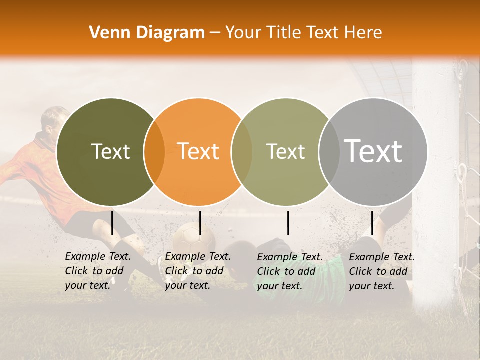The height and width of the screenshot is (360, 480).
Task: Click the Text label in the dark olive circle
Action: click(x=110, y=151)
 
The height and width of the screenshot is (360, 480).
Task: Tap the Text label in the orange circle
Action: click(x=198, y=151)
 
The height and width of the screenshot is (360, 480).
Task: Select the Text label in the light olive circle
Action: click(x=285, y=151)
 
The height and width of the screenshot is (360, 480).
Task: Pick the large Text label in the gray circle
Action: click(x=373, y=151)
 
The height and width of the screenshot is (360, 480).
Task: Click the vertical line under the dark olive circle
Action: click(x=112, y=223)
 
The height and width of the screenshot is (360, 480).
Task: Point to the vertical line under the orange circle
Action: click(x=200, y=223)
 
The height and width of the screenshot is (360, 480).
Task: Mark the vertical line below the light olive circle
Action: click(x=288, y=223)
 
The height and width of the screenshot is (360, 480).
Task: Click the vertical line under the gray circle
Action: click(x=372, y=223)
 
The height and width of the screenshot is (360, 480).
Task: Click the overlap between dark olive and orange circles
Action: click(x=154, y=152)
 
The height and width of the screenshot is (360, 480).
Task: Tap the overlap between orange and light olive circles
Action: click(x=241, y=152)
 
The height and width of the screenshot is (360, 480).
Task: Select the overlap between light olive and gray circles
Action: click(x=328, y=152)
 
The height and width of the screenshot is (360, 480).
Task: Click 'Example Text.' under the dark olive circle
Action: click(x=98, y=256)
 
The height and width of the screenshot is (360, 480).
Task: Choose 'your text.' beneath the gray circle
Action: click(x=371, y=286)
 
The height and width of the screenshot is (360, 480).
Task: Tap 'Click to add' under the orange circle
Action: click(x=194, y=271)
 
